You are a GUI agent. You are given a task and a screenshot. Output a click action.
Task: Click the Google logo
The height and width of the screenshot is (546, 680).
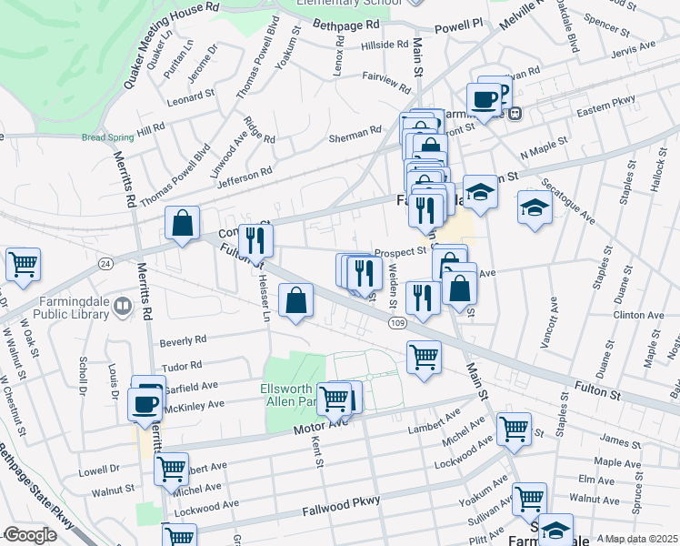click(30, 535)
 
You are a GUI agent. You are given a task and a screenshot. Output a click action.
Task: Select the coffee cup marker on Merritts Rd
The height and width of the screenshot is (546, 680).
click(145, 403)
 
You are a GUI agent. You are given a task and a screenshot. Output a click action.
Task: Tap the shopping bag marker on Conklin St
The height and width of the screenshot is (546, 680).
click(183, 223)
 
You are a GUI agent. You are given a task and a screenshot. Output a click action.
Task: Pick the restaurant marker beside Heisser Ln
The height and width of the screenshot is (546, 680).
click(255, 241)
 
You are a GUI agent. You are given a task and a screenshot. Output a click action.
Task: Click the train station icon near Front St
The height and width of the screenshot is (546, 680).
click(515, 114)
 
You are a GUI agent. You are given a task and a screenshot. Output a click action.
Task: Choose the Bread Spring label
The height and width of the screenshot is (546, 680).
click(107, 137)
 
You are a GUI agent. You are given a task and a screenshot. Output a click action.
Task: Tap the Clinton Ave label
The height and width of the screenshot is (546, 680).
click(638, 316)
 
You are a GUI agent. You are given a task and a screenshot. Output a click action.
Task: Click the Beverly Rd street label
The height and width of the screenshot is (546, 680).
click(184, 341)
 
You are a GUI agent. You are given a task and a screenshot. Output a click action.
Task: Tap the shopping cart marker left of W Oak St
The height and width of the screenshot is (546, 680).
click(23, 264)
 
